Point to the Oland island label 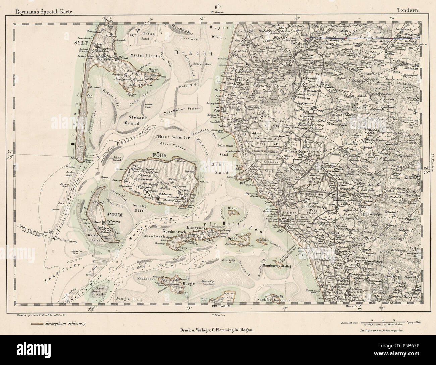[x=232, y=208]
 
